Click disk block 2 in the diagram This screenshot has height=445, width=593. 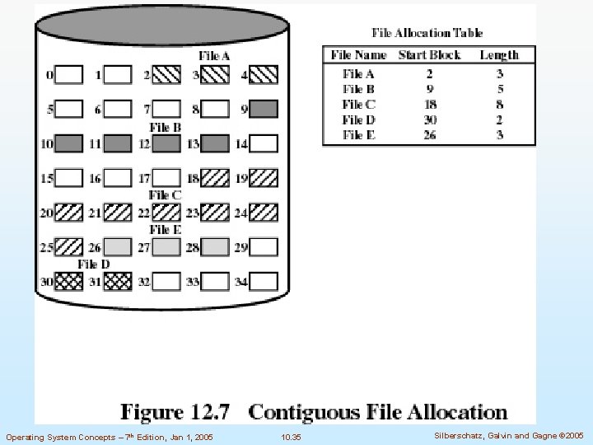[167, 75]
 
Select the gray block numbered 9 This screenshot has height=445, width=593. [264, 109]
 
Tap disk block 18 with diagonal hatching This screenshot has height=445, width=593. [215, 177]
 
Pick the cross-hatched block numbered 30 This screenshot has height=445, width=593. [69, 281]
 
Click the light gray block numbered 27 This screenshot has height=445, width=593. [167, 246]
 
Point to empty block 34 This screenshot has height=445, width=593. [264, 281]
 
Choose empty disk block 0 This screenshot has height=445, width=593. [69, 75]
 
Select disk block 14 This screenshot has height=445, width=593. [264, 143]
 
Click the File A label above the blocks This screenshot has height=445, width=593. [214, 56]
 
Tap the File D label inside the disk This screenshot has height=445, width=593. [94, 265]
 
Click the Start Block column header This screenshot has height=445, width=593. [429, 55]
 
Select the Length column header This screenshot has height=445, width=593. [499, 55]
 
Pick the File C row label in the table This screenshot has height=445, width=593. [359, 105]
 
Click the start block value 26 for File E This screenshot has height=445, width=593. [429, 135]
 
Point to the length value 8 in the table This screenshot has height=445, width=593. [499, 105]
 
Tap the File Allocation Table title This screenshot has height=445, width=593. [427, 33]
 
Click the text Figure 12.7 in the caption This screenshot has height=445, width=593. [176, 411]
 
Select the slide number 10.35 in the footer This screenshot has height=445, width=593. [291, 436]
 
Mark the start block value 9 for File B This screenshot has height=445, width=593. [429, 89]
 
